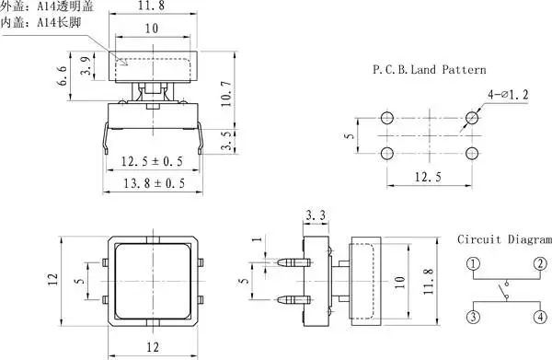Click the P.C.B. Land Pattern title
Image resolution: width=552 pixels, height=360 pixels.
[429, 69]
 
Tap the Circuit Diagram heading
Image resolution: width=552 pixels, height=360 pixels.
[504, 239]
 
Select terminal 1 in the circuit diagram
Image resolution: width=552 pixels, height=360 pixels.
[474, 264]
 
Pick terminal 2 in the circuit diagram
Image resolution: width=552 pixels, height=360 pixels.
[540, 264]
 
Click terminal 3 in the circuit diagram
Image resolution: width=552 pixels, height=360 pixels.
[474, 317]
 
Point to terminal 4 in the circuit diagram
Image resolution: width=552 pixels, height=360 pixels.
[540, 317]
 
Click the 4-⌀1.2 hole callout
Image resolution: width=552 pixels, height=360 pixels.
[508, 95]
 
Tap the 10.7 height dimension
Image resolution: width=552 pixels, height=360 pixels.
[226, 94]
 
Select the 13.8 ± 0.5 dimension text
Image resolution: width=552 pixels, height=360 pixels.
[154, 183]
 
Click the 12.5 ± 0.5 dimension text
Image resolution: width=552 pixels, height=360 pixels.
[152, 161]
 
